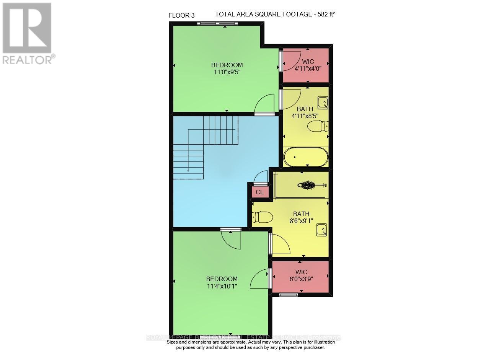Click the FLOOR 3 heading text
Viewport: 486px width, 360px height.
(181, 15)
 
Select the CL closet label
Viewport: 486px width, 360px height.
(259, 192)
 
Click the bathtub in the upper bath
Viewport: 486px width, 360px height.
(306, 157)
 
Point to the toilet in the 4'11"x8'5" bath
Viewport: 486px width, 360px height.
(318, 126)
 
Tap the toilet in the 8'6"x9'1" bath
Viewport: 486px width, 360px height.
(262, 217)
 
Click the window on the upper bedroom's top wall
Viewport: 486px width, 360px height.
(217, 24)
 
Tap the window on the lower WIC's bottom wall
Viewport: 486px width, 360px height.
(289, 295)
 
